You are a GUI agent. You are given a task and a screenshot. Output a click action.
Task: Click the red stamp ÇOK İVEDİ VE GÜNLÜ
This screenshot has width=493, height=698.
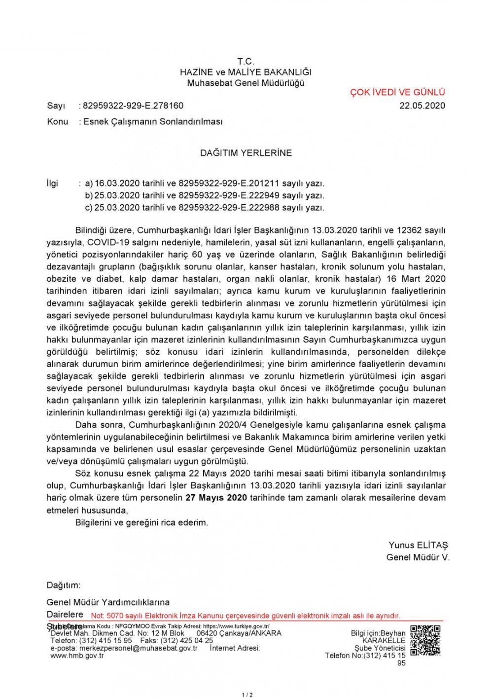pos(397,92)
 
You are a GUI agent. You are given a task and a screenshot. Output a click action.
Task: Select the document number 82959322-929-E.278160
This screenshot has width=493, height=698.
pos(133,106)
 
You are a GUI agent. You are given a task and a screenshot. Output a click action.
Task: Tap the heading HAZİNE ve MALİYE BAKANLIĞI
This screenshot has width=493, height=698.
pos(246,72)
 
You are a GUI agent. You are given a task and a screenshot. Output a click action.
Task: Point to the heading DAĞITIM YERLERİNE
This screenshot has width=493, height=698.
pos(246,153)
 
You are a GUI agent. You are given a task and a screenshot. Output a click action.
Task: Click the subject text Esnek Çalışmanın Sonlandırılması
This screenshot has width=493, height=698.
pos(153,121)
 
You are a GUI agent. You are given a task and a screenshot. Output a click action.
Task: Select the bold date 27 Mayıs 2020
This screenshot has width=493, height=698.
pos(216,498)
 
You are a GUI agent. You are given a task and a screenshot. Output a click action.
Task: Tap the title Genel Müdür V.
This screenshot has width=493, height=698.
pos(418,557)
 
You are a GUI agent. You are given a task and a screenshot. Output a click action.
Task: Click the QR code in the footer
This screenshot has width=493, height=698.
pos(425,640)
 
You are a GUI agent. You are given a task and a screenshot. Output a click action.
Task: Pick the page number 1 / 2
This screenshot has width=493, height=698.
pos(247,695)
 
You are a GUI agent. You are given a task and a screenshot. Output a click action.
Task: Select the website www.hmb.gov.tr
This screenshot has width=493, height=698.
pos(77,656)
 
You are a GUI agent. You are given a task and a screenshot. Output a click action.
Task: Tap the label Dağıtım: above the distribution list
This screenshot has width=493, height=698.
pos(63,586)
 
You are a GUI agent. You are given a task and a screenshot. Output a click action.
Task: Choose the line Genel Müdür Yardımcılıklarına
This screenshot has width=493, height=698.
pos(108,602)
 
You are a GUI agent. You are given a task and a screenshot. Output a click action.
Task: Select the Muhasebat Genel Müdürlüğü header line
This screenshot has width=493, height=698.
pos(246,83)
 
